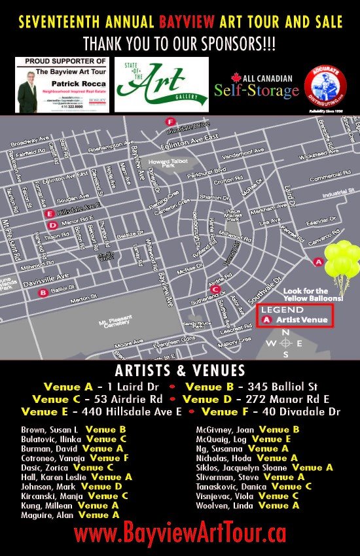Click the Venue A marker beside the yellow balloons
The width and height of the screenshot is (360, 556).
319,262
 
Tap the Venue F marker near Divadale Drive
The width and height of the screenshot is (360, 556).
170,122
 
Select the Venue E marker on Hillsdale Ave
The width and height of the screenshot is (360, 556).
48,213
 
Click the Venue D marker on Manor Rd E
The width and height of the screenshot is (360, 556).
52,224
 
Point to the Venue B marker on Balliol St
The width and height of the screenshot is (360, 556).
43,293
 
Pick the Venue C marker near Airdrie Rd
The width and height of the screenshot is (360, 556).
214,289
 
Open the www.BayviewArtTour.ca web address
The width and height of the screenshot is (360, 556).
180,534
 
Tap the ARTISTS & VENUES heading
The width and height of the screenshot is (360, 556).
180,370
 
